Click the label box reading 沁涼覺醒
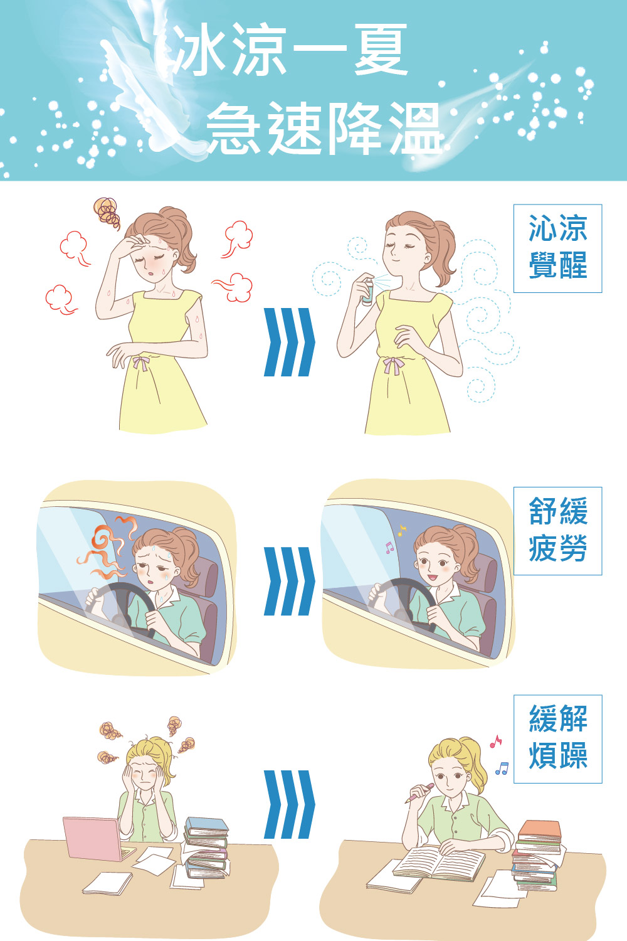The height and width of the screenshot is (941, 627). (557, 248)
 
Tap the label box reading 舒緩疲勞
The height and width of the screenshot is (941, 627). (557, 531)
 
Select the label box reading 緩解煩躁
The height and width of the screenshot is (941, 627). (557, 739)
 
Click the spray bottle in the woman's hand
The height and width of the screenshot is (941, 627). (367, 290)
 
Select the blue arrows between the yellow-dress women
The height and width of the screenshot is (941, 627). (289, 342)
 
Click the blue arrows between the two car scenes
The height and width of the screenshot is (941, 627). (289, 581)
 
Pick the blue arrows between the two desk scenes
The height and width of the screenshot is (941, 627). (289, 804)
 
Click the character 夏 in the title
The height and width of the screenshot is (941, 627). (381, 50)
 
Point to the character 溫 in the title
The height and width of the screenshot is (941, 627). (416, 128)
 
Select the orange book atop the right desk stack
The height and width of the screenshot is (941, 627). (540, 830)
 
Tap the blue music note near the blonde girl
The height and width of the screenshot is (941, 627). (502, 768)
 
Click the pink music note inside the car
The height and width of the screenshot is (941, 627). (389, 547)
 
